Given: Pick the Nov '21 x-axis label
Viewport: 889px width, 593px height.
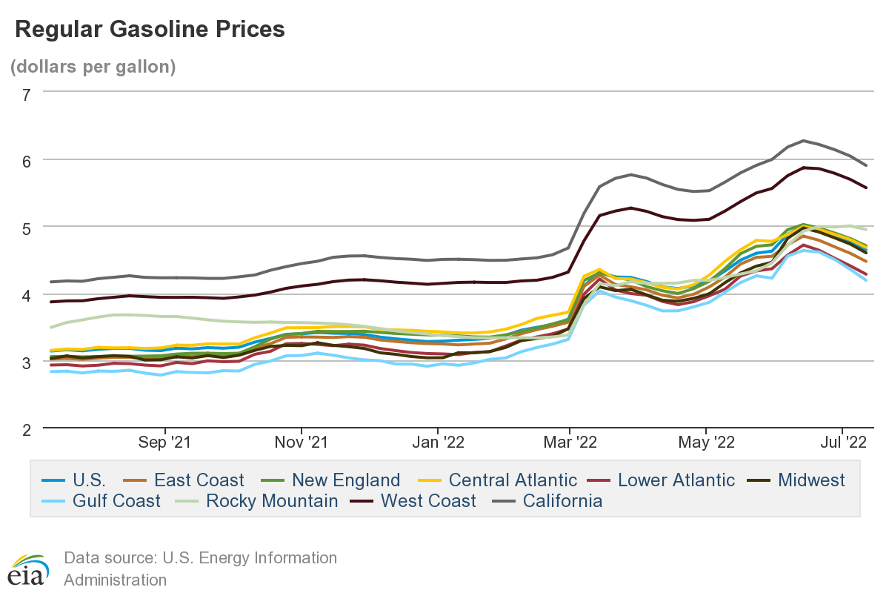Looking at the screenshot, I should point(302,443).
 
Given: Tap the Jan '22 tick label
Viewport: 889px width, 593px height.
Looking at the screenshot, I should point(438,443).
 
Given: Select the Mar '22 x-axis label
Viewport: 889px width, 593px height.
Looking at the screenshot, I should point(569,443).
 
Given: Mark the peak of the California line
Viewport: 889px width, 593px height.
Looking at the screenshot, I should point(802,140).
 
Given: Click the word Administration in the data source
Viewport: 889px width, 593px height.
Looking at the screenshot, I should point(115,580).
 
